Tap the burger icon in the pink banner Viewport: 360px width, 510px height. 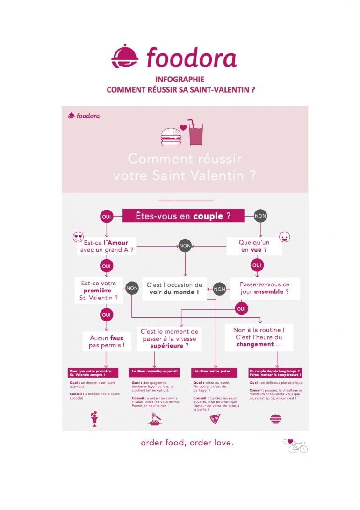tap(171, 136)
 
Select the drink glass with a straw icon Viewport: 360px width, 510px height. tap(195, 133)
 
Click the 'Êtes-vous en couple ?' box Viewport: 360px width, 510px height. tap(183, 216)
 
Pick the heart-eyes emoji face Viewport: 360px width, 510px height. tap(78, 237)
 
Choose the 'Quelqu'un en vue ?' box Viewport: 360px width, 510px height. tap(254, 246)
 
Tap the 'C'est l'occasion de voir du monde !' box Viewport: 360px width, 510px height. tap(174, 288)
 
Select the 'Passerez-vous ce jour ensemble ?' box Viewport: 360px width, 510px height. tap(264, 288)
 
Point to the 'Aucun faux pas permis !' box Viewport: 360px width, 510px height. tap(107, 342)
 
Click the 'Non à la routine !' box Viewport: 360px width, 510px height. tap(259, 337)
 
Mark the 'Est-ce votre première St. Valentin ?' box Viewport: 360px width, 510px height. tap(99, 290)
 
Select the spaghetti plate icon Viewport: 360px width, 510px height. tap(154, 419)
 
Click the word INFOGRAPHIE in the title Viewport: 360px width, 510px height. tap(180, 80)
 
